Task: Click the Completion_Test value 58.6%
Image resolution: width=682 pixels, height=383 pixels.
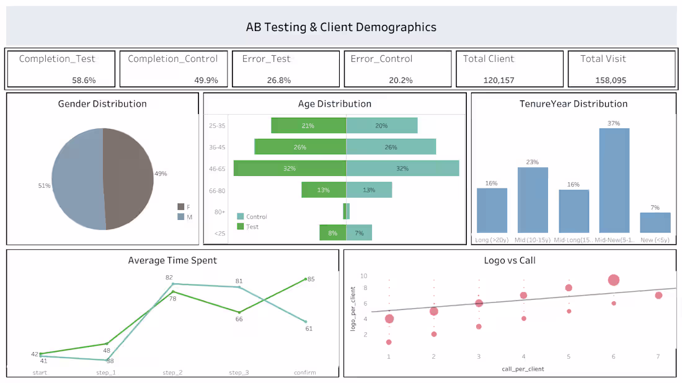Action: point(84,80)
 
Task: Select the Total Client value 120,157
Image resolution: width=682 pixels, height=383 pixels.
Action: point(498,80)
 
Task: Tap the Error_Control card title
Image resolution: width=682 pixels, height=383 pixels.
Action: point(381,59)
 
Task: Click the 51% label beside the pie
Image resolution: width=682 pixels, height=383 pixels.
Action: point(43,185)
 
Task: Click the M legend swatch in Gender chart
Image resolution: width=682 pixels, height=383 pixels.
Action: point(181,216)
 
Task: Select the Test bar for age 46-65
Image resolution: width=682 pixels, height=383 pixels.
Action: point(290,168)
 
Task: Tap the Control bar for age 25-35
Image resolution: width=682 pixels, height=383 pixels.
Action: point(381,125)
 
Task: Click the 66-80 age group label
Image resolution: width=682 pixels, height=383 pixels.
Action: point(217,190)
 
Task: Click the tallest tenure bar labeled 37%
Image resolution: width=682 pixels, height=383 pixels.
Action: point(614,180)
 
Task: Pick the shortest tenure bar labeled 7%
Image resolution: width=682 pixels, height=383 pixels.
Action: point(655,222)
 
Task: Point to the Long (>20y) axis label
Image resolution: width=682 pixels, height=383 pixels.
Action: point(491,239)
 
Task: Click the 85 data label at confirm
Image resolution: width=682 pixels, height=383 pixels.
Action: point(311,279)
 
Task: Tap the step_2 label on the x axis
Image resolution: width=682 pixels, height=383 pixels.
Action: point(172,372)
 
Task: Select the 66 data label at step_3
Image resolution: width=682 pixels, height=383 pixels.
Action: point(239,319)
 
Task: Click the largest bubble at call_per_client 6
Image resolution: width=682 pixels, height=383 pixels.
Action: point(614,280)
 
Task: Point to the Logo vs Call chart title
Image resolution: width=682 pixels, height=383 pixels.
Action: point(510,260)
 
